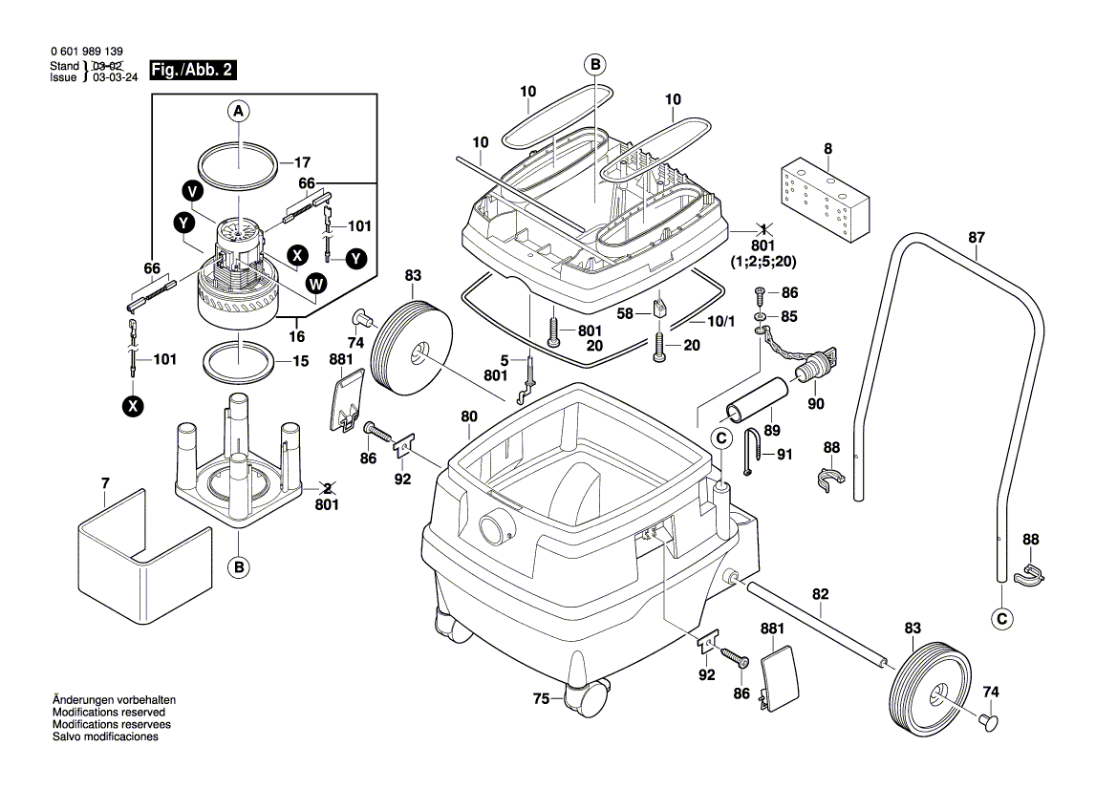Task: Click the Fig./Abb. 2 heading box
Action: [x=191, y=72]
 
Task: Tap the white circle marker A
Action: [x=239, y=112]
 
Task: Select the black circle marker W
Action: [x=315, y=283]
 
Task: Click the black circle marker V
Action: [x=194, y=191]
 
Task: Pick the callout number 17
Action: [x=302, y=162]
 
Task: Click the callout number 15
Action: [x=301, y=361]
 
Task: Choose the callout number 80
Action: [x=468, y=416]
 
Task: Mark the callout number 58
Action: [x=625, y=312]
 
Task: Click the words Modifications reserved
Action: [x=108, y=713]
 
